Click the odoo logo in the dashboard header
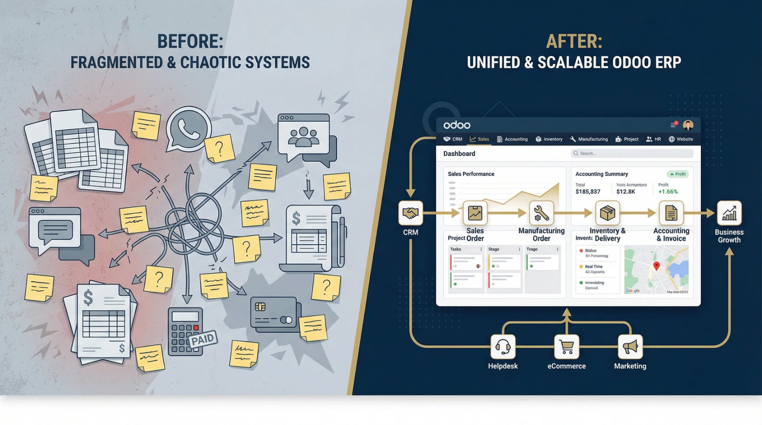457,125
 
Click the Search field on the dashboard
632,154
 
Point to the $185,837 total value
588,192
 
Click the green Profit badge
677,174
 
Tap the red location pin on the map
656,266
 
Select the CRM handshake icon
410,213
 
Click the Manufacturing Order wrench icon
541,213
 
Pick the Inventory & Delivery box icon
607,213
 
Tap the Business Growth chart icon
729,213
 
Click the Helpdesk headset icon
503,347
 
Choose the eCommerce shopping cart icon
566,347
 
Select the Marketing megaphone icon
630,347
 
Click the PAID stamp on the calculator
203,339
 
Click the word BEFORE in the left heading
190,42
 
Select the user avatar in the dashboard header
688,125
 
